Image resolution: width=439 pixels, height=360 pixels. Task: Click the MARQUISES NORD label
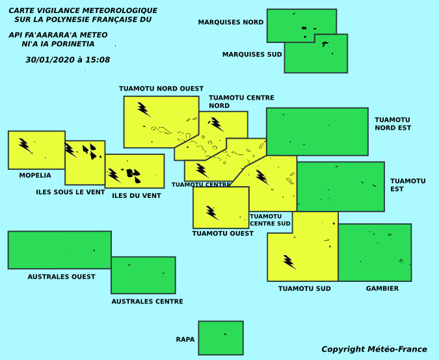click(231, 22)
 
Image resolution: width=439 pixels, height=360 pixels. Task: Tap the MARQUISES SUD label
click(252, 54)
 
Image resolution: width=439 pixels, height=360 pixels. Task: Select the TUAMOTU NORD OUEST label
click(161, 89)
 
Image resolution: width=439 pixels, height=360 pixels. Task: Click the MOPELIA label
click(35, 175)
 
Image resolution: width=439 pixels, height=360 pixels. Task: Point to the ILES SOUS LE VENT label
click(70, 192)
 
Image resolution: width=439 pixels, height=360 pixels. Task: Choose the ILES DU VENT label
click(137, 196)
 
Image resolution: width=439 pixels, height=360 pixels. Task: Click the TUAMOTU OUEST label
click(223, 233)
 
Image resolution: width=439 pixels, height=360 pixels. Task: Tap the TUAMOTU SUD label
click(304, 288)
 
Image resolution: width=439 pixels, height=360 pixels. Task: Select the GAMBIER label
click(382, 288)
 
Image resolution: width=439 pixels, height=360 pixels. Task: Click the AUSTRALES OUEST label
click(61, 277)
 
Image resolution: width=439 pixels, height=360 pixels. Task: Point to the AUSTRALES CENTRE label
click(147, 301)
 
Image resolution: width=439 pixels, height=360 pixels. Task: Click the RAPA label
click(185, 339)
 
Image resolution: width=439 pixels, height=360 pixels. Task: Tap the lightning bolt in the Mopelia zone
click(25, 145)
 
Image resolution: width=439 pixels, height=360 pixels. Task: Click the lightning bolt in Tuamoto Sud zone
click(289, 262)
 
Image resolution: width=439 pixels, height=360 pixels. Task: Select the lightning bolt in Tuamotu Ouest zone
click(212, 213)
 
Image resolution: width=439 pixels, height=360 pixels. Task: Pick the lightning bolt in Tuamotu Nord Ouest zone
click(144, 109)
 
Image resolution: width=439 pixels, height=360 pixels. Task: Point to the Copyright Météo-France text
click(375, 350)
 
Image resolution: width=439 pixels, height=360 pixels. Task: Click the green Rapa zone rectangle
click(221, 338)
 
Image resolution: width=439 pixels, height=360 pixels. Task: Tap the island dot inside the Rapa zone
click(225, 334)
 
